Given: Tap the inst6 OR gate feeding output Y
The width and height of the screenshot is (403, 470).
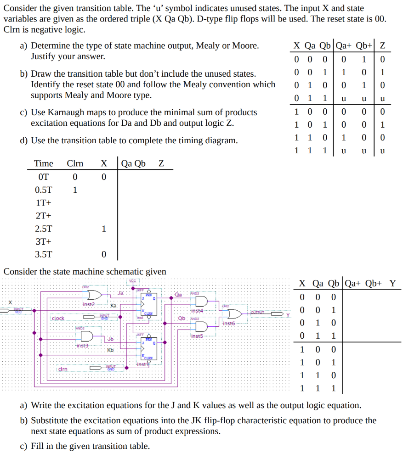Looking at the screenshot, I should click(233, 314).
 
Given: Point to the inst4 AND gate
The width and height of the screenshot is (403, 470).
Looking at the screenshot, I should click(200, 302).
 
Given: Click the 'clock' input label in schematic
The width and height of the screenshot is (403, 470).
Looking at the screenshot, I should click(58, 318).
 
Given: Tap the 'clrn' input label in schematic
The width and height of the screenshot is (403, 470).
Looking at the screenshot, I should click(62, 369).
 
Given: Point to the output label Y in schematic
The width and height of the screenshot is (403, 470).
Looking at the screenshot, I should click(288, 315).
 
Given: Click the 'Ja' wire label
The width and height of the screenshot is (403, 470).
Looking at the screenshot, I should click(120, 292).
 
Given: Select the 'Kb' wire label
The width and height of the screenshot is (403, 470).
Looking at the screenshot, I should click(110, 350).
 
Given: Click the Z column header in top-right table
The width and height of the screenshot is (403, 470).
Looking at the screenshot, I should click(382, 45).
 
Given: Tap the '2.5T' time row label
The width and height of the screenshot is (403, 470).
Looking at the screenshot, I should click(44, 229).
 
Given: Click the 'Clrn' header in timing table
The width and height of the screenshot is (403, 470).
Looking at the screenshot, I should click(75, 163).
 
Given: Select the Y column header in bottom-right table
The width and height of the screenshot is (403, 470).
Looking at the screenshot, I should click(392, 283).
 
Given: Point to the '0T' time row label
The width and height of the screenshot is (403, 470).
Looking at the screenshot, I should click(44, 177).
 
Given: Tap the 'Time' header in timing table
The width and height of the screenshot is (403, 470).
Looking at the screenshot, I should click(44, 163).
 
